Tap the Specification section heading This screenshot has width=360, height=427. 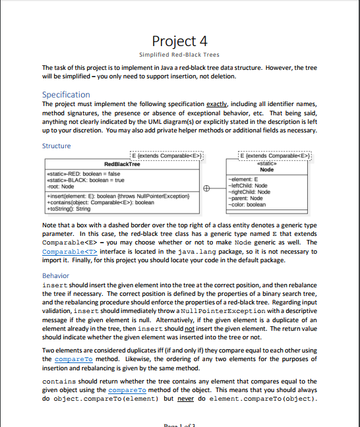click(x=66, y=94)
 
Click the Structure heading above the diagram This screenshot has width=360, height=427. click(x=55, y=146)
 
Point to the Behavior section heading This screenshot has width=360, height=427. click(x=55, y=275)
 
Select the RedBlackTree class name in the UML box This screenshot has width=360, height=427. click(x=123, y=163)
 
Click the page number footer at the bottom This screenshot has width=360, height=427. click(x=179, y=424)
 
